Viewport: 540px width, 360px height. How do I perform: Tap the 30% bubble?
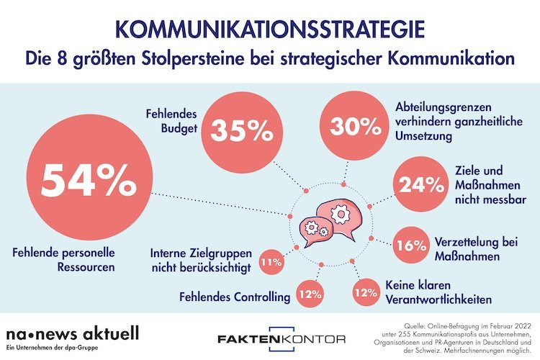click(x=354, y=128)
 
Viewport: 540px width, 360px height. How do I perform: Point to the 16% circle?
click(x=411, y=245)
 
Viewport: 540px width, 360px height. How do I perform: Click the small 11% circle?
click(x=271, y=262)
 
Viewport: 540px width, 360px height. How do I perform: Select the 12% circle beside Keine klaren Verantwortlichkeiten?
click(x=365, y=293)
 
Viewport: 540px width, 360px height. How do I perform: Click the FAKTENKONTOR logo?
click(x=282, y=338)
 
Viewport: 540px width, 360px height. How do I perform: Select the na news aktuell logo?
click(x=72, y=335)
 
